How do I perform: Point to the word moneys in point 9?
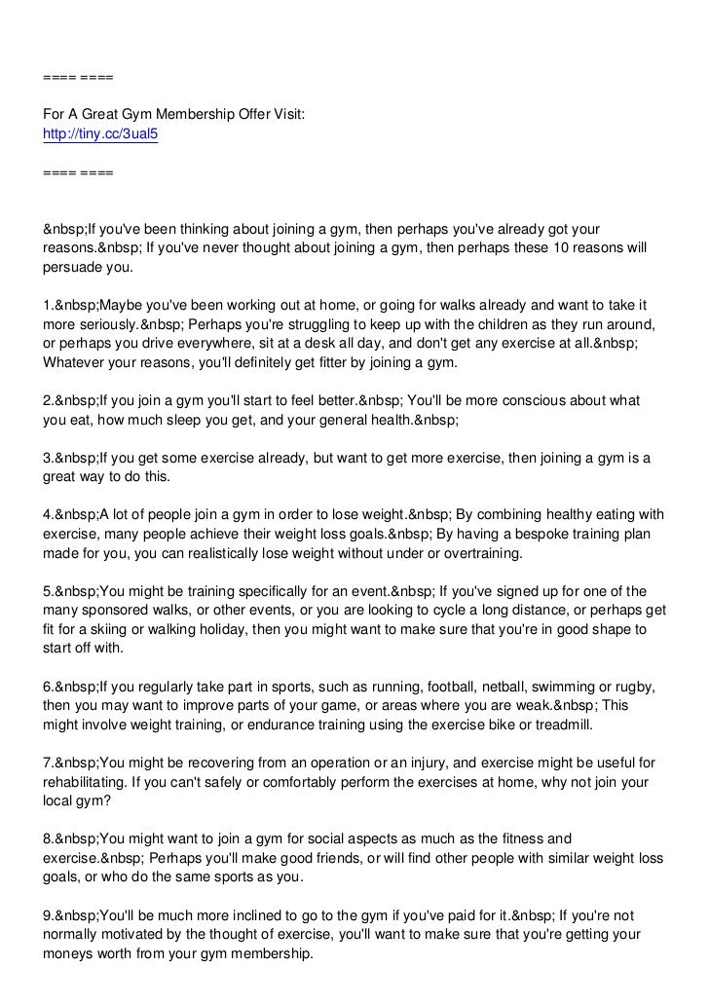(68, 953)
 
